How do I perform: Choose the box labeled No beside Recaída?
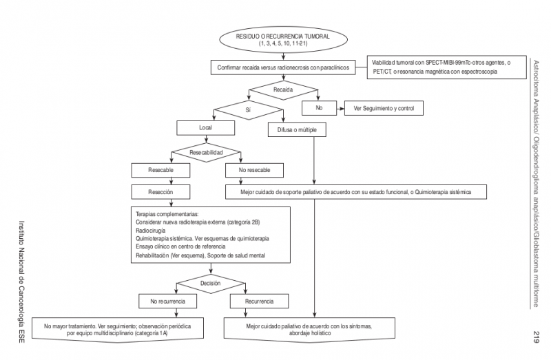tap(319, 109)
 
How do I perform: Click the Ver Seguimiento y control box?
tap(383, 109)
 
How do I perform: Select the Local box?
tap(206, 128)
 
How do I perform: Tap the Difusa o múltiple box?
tap(297, 129)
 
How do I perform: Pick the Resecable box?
tap(160, 169)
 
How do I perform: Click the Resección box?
tap(160, 192)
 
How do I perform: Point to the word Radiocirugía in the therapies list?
tap(152, 231)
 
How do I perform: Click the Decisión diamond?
tap(210, 282)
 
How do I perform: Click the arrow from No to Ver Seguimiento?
tap(339, 109)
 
